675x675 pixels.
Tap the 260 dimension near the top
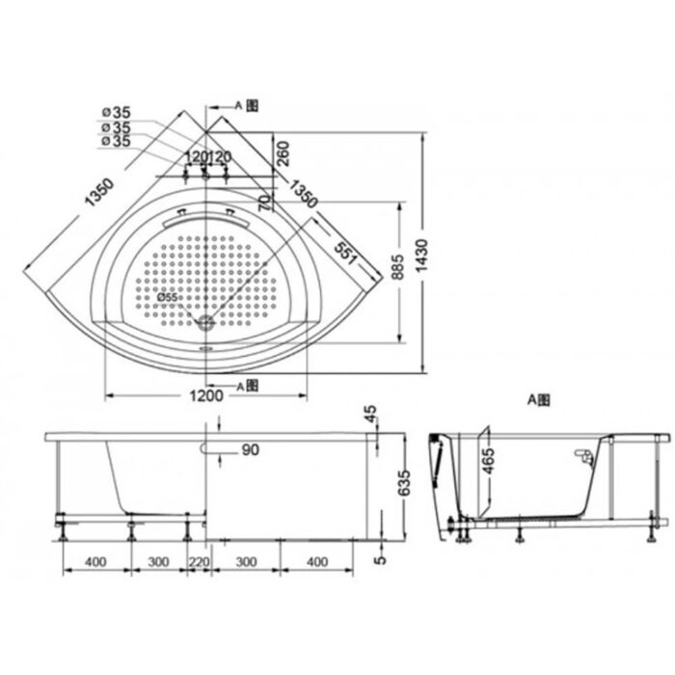coord(283,154)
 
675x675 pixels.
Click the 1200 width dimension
coord(206,396)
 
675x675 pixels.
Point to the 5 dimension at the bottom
coord(380,557)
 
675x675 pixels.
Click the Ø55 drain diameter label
coord(168,298)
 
